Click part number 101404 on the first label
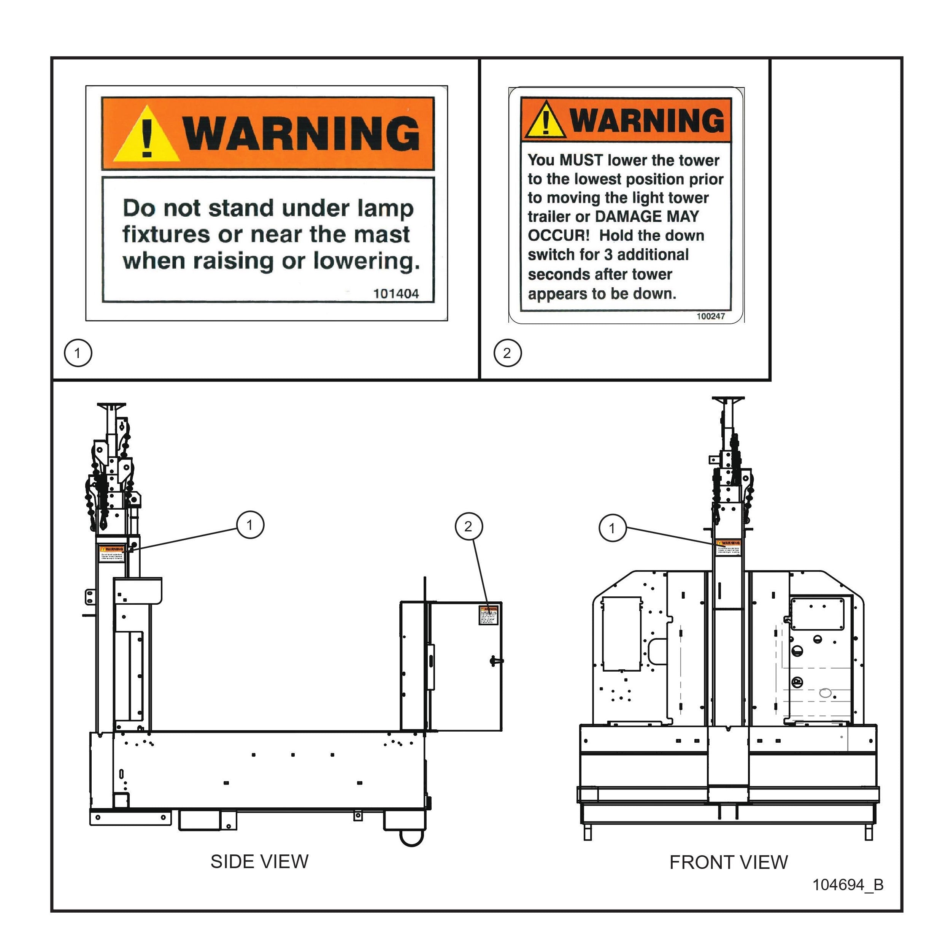(x=396, y=294)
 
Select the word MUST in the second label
(x=581, y=160)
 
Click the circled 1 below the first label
(x=78, y=353)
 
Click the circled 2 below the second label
(x=507, y=353)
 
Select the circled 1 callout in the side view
(x=250, y=525)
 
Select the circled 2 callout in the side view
(x=468, y=527)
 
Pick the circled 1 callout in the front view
(x=612, y=528)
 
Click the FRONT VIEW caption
(x=728, y=862)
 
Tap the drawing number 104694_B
(x=848, y=885)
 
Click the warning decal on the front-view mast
(x=728, y=547)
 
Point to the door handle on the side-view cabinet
(x=495, y=661)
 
